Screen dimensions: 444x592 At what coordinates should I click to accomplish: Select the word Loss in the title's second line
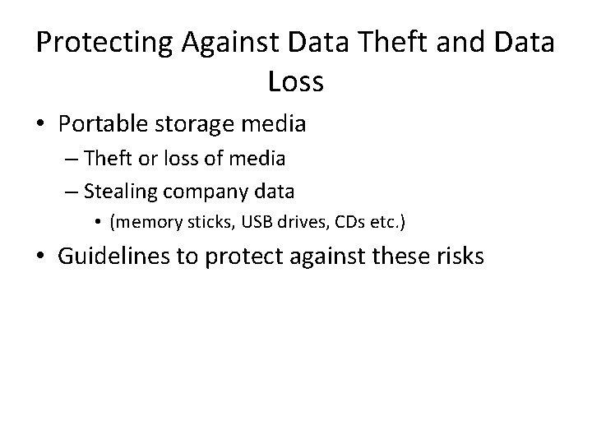296,81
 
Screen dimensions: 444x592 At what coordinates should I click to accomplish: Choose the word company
202,192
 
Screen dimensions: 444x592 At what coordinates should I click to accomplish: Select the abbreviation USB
254,222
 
